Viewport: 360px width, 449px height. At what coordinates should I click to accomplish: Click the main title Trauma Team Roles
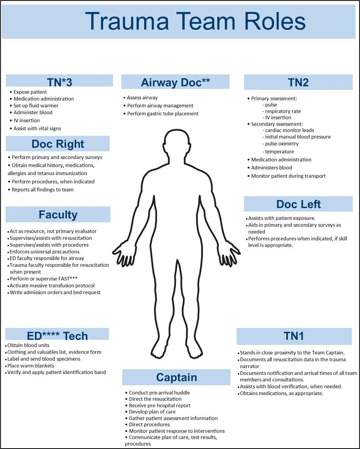[195, 21]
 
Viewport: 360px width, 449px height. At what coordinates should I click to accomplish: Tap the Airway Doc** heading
[176, 82]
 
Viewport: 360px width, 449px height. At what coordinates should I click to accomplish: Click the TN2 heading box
[298, 82]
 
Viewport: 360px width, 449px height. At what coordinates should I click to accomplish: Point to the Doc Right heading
[58, 144]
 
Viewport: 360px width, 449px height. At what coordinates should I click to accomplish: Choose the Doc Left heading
[298, 204]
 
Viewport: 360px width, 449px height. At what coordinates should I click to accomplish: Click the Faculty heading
[58, 215]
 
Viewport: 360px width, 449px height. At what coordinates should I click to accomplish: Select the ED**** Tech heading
[57, 335]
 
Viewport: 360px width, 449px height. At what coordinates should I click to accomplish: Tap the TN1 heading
[294, 336]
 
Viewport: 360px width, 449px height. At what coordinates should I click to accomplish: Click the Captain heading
[176, 377]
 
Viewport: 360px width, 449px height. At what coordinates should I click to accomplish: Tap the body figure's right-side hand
[229, 256]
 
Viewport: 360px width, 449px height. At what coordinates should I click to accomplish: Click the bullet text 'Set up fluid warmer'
[36, 106]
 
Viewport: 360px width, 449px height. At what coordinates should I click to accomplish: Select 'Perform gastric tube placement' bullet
[163, 114]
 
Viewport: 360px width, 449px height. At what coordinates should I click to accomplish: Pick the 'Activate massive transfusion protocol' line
[52, 286]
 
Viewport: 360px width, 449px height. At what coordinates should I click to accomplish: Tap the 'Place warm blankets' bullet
[31, 366]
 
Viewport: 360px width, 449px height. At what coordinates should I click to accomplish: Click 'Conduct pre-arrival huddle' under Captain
[159, 393]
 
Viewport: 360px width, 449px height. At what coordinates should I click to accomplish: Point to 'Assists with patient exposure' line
[282, 218]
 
